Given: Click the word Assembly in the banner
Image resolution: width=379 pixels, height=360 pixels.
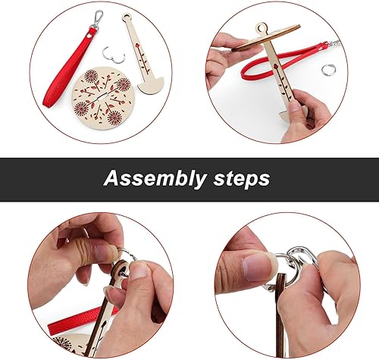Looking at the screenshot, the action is (x=155, y=178).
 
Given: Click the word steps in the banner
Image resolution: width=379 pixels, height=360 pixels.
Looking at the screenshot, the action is (x=242, y=179).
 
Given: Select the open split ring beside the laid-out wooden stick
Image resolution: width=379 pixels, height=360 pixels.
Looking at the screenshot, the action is (x=114, y=55).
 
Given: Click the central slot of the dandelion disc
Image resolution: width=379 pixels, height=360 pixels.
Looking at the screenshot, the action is (x=102, y=96).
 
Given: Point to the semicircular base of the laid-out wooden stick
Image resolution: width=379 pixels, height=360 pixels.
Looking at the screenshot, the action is (x=151, y=86).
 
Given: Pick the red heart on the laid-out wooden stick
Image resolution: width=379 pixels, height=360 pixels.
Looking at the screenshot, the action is (x=138, y=45).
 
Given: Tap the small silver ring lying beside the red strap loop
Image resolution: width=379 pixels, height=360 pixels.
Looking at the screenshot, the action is (x=328, y=69).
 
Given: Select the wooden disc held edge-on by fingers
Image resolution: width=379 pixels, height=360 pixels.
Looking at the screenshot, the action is (x=266, y=38).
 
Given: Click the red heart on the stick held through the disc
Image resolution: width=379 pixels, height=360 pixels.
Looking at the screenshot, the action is (x=275, y=67).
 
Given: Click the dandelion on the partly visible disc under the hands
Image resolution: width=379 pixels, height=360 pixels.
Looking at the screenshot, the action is (x=62, y=343).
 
